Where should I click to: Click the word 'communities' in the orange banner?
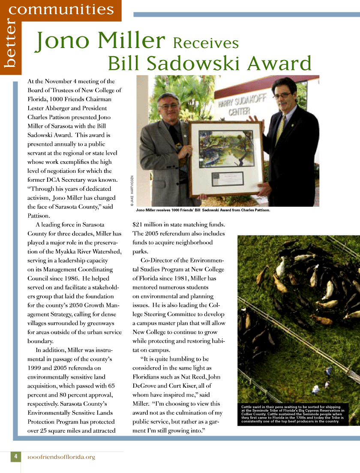(61, 9)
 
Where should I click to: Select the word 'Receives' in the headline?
(206, 43)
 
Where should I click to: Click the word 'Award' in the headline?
(279, 63)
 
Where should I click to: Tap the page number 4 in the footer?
(15, 456)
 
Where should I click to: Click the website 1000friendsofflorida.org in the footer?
(61, 457)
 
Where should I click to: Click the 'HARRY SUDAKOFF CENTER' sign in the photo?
(242, 105)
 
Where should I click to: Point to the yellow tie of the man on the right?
(281, 129)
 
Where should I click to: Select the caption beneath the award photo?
(203, 210)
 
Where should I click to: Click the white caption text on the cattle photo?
(293, 414)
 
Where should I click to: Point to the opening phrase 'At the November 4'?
(54, 81)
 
